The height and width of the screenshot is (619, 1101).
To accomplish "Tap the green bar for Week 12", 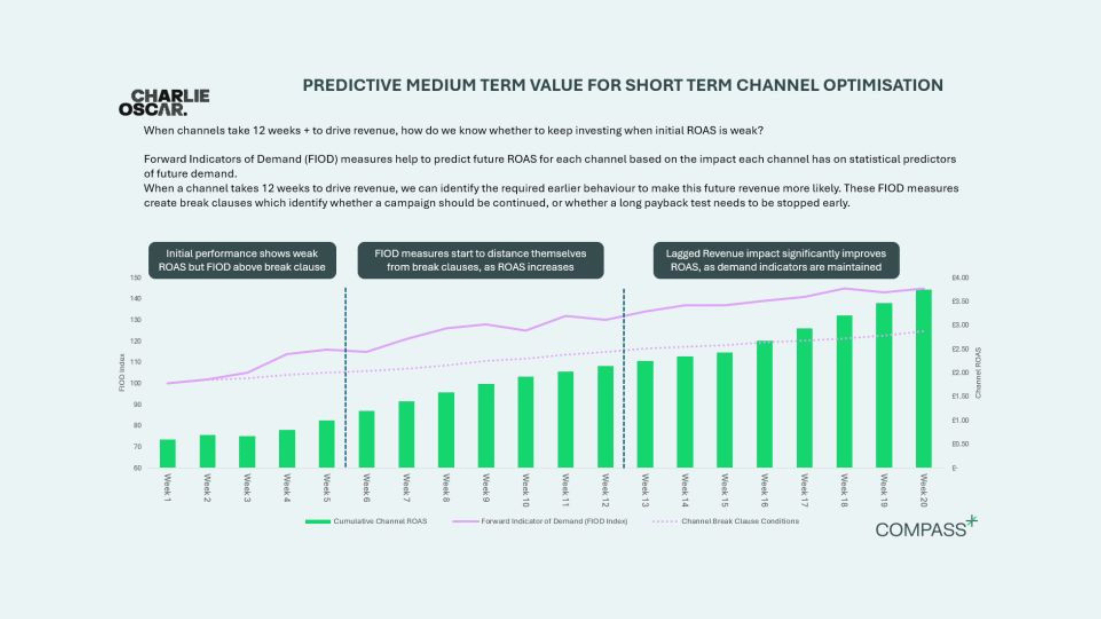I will point(605,417).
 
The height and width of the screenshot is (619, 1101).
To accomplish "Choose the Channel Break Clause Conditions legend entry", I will point(740,521).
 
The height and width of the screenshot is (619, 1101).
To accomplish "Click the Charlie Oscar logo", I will point(164,103).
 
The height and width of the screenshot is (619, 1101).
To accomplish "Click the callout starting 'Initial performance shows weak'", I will point(242,260).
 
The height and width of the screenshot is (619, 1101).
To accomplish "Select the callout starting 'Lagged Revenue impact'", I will point(776,260).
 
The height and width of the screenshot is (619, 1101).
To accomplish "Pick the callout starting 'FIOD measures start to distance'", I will point(480,260).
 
